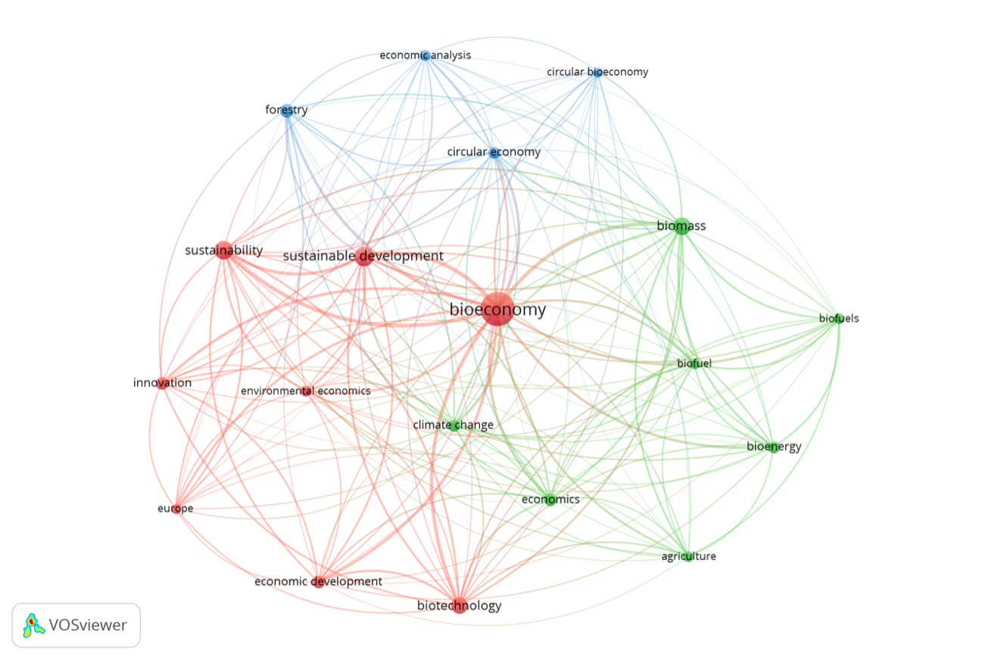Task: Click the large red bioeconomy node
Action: tap(497, 310)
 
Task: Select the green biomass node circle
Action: tap(681, 226)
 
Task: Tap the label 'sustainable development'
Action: tap(363, 256)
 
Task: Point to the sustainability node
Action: tap(223, 250)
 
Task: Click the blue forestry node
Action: tap(286, 110)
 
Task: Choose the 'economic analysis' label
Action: tap(425, 55)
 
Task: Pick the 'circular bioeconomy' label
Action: tap(597, 72)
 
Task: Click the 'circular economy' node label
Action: tap(494, 152)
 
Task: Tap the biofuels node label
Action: tap(839, 319)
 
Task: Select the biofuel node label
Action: tap(694, 363)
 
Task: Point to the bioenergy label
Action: tap(774, 447)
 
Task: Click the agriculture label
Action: tap(688, 556)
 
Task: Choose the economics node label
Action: tap(550, 500)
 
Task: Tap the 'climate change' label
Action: tap(453, 425)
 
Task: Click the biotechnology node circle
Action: tap(460, 605)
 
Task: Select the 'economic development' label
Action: tap(318, 581)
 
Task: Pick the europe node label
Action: tap(176, 509)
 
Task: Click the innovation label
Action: tap(162, 383)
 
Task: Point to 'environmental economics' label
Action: tap(306, 391)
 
